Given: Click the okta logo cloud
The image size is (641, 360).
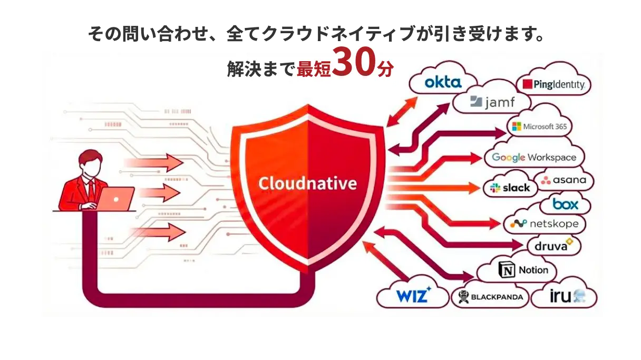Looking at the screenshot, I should coord(443,82).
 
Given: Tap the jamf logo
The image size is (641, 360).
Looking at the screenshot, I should coord(493,101).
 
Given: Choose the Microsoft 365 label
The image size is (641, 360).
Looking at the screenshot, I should coord(538,127).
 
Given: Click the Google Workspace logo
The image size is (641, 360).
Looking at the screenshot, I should coord(533,157).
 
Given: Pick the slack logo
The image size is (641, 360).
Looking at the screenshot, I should coord(509,188).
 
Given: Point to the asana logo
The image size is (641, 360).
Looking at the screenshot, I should coord(563,180).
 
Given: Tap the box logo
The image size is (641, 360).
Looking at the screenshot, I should coord(565,203).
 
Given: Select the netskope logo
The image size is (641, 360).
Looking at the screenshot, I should coord(545,223).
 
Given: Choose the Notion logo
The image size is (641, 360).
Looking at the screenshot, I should coord(523,270).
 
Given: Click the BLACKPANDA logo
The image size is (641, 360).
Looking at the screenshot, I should coord(490,297).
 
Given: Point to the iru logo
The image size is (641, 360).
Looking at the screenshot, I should coord(567,296).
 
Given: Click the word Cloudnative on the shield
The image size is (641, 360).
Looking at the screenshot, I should coord(307,183).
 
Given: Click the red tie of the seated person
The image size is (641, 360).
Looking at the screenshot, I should coord(91,189).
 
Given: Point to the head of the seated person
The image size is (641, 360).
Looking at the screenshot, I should coord(90,164).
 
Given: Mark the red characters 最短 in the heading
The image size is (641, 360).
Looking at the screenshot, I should coord(315,69).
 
